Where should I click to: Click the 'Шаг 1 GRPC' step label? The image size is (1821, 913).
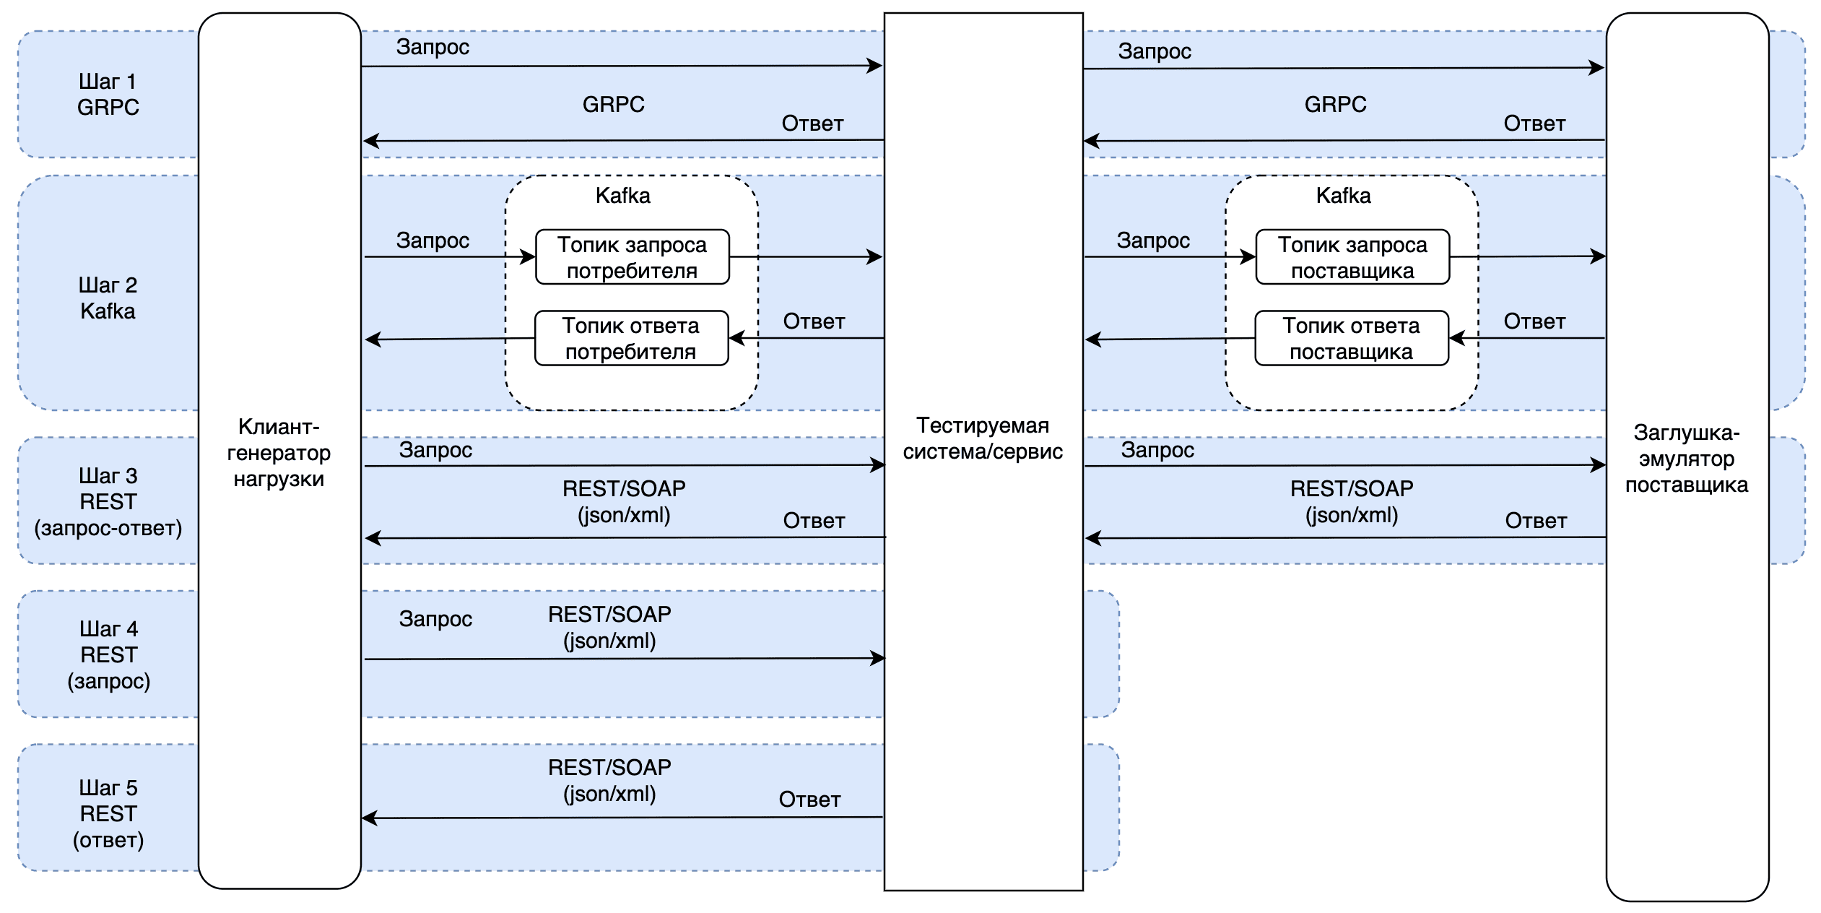coord(108,94)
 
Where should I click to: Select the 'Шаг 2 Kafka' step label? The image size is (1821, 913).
coord(108,298)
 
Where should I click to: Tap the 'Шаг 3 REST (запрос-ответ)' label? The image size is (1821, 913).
coord(108,501)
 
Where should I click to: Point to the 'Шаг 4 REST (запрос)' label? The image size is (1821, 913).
coord(108,654)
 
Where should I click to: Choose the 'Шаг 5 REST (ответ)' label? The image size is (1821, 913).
coord(108,813)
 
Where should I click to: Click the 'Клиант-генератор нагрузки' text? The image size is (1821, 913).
coord(279,453)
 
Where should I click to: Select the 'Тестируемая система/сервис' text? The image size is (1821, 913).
coord(983,438)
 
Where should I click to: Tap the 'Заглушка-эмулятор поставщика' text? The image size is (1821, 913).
coord(1687,458)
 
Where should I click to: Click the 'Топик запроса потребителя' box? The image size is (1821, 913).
coord(632,257)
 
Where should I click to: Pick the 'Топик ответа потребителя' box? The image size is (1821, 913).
coord(631,338)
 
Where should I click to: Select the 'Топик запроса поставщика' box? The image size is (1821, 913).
coord(1352,257)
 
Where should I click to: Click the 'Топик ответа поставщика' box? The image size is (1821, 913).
coord(1351,338)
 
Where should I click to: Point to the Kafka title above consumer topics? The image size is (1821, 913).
coord(622,196)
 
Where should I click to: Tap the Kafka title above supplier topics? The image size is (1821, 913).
coord(1343,196)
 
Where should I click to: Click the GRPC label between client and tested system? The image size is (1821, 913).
coord(613,104)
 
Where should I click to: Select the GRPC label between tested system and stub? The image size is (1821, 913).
coord(1335,104)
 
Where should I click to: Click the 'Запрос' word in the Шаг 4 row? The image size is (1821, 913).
coord(435,618)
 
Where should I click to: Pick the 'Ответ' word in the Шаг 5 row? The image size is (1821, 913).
coord(809,799)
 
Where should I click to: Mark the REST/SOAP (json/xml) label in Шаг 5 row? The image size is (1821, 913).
coord(609,780)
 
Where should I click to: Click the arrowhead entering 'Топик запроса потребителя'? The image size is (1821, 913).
coord(529,256)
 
